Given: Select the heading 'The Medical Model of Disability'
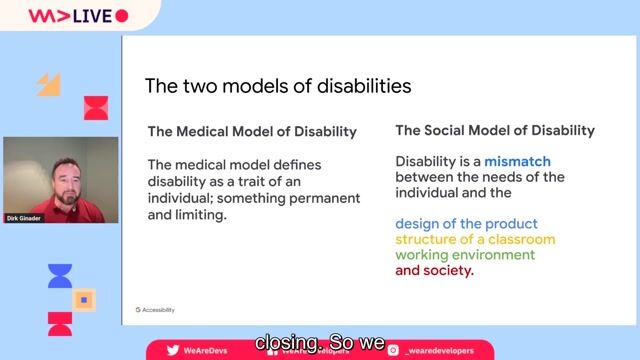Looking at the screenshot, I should coord(252,132).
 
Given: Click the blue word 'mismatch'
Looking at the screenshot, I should coord(518,161).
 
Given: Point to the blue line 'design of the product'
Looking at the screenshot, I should coord(466,224).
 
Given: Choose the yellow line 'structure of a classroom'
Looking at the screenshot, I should coord(475,240).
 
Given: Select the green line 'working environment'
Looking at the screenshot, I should coord(465,255).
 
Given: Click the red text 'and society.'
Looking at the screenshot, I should coord(435,270).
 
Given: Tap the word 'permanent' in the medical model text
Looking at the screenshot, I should coord(325,197).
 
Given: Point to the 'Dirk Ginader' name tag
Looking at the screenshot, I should coord(26,217).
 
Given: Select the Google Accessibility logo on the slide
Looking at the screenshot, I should coord(155,310).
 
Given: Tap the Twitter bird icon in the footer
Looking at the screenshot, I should coord(173,349).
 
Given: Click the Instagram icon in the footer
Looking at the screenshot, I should coord(394,349).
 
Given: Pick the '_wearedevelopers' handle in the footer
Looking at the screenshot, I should coord(441,349).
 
